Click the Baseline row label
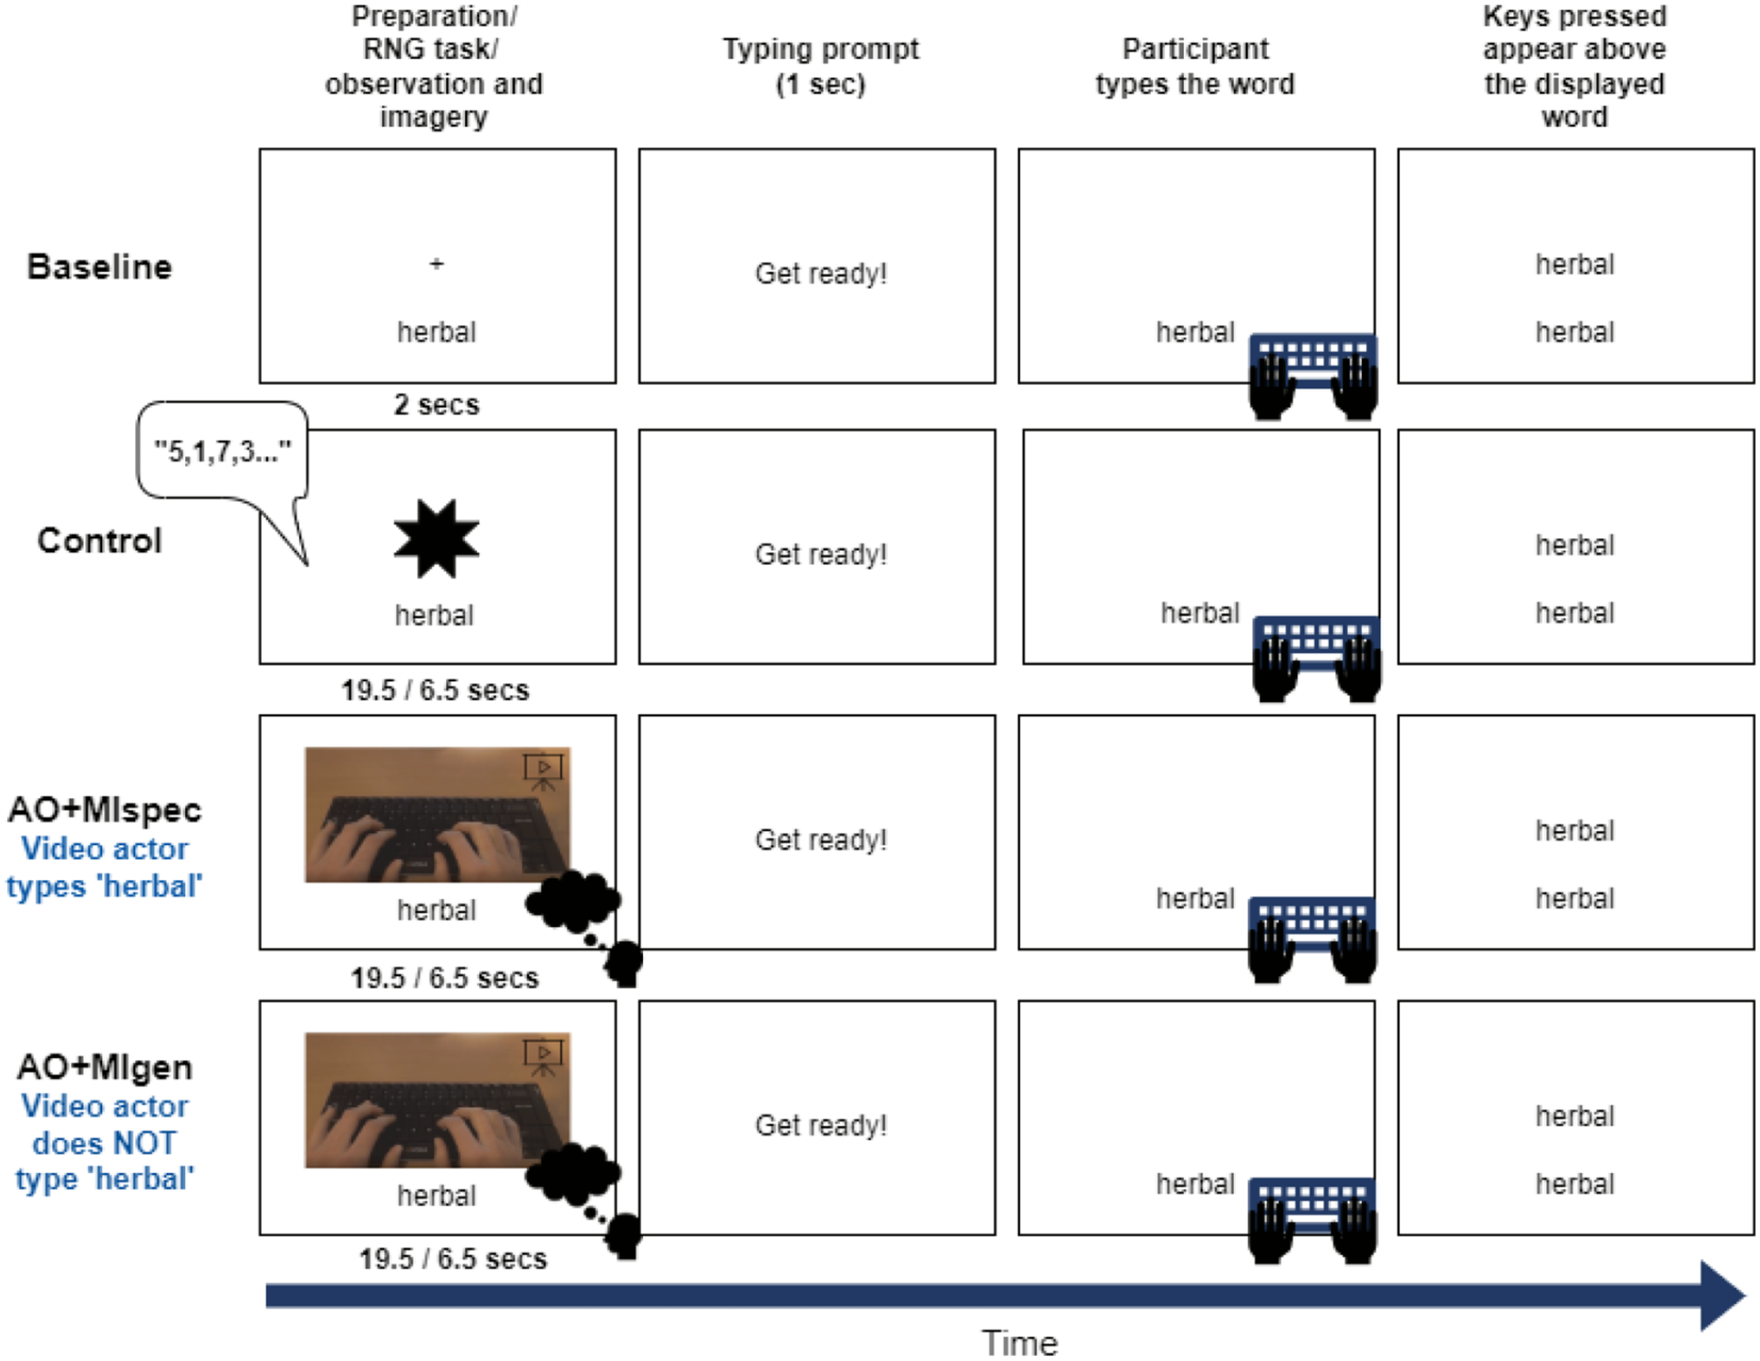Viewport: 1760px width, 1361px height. coord(99,267)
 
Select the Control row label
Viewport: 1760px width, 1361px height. coord(99,541)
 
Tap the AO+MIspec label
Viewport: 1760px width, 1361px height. coord(105,810)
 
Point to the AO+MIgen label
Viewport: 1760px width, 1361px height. coord(105,1067)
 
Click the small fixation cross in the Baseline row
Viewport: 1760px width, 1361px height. coord(436,263)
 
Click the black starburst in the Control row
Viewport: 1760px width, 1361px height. coord(436,538)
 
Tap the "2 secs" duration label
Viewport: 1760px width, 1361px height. coord(436,405)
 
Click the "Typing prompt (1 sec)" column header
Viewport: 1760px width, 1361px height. coord(821,66)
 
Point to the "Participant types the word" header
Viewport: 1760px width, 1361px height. coord(1195,66)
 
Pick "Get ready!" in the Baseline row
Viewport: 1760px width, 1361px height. coord(821,274)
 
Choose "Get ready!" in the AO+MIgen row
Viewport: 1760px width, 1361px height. coord(821,1125)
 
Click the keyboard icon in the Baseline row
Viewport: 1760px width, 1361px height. coord(1313,376)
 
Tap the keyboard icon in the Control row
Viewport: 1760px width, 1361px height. coord(1317,659)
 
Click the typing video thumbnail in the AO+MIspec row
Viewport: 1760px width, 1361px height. coord(437,815)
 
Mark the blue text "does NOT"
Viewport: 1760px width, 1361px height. coord(105,1143)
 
